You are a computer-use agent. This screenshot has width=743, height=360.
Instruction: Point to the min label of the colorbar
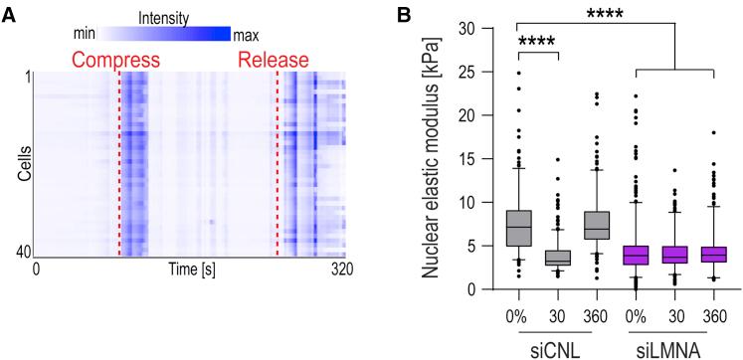point(86,33)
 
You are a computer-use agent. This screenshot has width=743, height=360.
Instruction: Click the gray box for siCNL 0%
point(519,228)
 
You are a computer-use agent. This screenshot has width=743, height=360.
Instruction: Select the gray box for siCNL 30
point(559,258)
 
